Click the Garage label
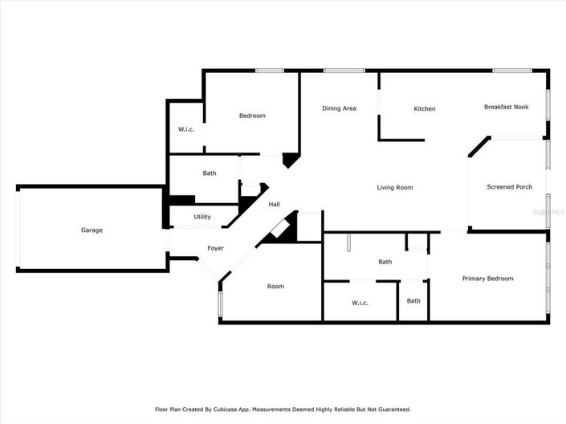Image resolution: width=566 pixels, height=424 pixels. click(x=92, y=230)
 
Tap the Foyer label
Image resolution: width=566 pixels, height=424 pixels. click(x=215, y=248)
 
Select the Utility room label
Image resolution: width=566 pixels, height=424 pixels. click(x=202, y=217)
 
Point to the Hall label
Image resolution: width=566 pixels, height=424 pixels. click(x=274, y=205)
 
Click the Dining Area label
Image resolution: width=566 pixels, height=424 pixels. click(x=339, y=108)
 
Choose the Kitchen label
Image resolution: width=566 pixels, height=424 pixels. click(x=425, y=109)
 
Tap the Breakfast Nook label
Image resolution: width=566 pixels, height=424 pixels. click(x=506, y=107)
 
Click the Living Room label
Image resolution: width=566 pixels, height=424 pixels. click(x=395, y=188)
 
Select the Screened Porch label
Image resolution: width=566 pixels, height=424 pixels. click(x=509, y=187)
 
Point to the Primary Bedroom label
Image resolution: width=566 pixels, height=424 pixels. click(x=487, y=279)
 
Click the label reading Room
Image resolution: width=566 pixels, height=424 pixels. click(x=275, y=287)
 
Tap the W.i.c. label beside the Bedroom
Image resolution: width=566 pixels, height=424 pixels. click(x=186, y=130)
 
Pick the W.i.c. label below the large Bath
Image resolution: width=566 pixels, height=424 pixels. click(x=360, y=303)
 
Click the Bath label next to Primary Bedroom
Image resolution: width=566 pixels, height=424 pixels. click(x=413, y=301)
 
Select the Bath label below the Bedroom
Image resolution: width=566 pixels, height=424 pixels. click(x=210, y=173)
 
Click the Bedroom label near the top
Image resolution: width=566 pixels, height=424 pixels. click(x=252, y=116)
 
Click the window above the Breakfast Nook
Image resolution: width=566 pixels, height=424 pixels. click(x=507, y=71)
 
